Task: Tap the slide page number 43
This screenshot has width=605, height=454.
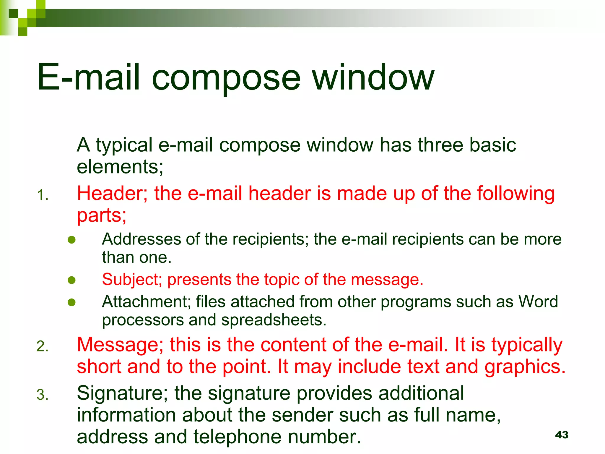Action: [x=562, y=435]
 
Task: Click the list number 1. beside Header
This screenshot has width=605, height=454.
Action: [x=43, y=195]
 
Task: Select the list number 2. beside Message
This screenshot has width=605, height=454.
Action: [x=43, y=346]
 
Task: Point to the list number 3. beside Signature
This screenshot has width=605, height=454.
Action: [x=43, y=395]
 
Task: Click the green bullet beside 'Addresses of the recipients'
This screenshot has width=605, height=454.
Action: [x=71, y=240]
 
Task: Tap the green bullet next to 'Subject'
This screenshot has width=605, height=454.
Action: [x=71, y=280]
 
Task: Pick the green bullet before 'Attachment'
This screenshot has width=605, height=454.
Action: [x=71, y=302]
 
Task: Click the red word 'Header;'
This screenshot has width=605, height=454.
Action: [x=112, y=194]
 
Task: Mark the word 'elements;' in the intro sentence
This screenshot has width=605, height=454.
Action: [x=120, y=167]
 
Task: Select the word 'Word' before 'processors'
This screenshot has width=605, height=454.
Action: [x=538, y=302]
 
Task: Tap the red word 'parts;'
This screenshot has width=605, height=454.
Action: [x=102, y=215]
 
